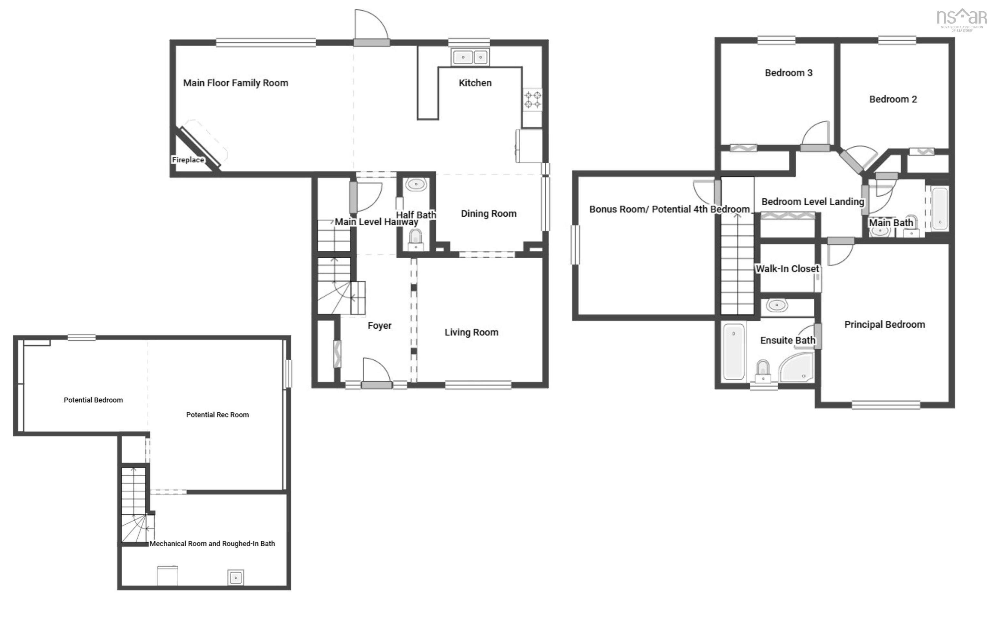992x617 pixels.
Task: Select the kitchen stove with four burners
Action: tap(532, 99)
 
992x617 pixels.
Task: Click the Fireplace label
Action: tap(188, 160)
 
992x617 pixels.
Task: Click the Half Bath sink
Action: tap(416, 184)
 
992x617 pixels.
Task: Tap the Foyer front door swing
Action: tap(376, 370)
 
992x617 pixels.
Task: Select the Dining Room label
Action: tap(489, 214)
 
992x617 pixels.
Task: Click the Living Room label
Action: tap(471, 333)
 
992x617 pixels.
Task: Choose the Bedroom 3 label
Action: tap(788, 73)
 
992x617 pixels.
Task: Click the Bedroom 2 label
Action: tap(893, 99)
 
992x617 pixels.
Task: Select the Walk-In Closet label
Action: tap(787, 269)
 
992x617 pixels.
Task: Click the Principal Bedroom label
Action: tap(884, 325)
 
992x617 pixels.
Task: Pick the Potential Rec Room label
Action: tap(218, 415)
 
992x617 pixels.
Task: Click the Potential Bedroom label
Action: tap(93, 400)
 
